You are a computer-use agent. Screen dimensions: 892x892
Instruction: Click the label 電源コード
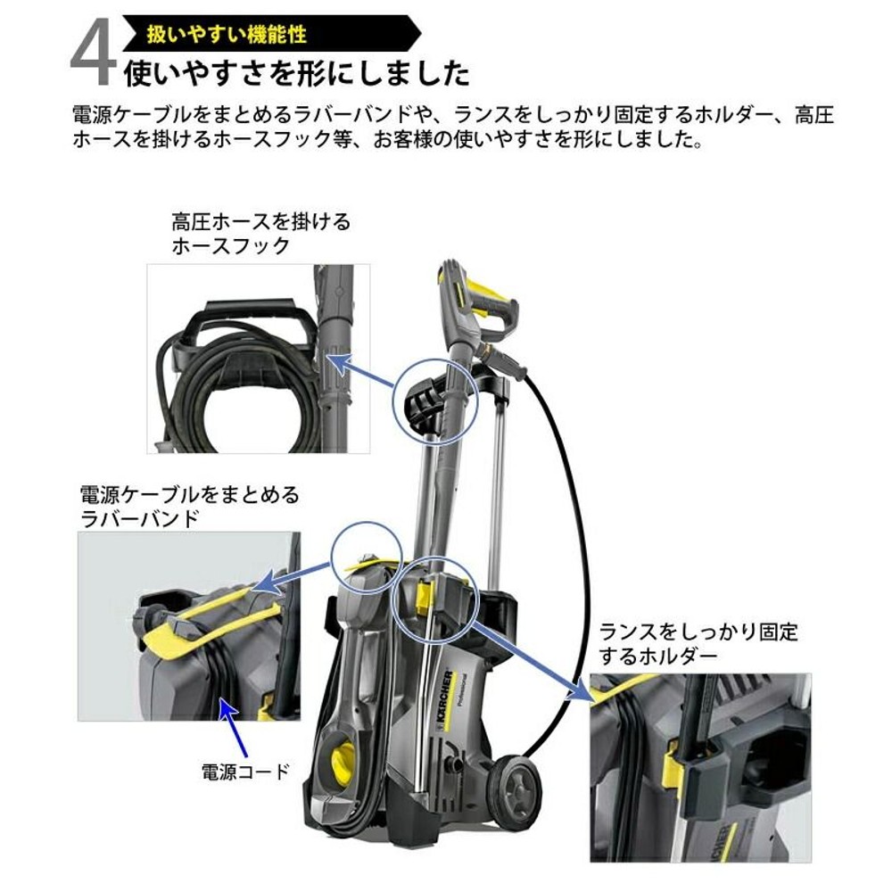pyautogui.click(x=246, y=772)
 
